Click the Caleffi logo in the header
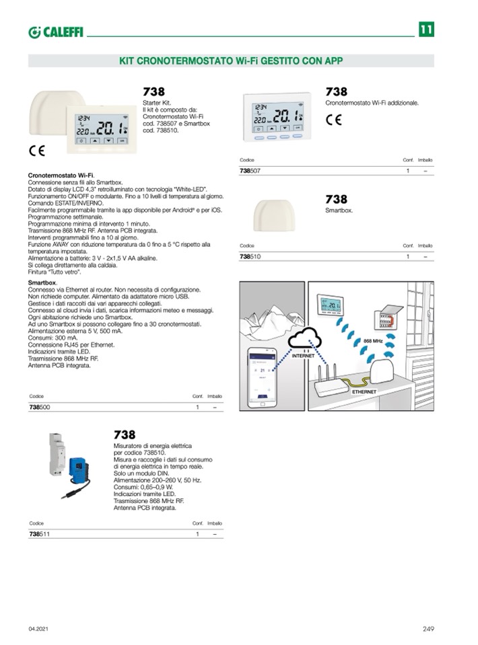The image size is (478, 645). point(55,32)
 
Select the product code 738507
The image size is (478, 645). point(250,172)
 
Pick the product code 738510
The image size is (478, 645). point(250,257)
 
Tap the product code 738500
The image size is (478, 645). point(40,408)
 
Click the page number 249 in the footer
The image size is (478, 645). point(428,629)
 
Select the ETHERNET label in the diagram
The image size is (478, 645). point(364,391)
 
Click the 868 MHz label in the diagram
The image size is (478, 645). point(373,341)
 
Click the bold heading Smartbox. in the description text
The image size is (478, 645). point(42,283)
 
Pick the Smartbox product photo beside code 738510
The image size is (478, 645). point(273,217)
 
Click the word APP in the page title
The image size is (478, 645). point(333,60)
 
